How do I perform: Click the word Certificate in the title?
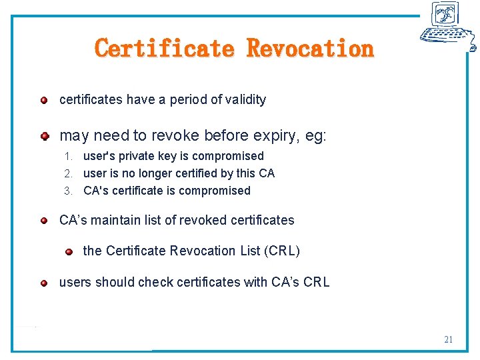click(165, 49)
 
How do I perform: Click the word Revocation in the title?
click(310, 49)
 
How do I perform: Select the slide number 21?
click(449, 339)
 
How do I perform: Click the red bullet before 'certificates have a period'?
click(43, 100)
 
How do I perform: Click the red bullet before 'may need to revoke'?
click(44, 136)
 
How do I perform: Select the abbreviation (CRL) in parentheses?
click(282, 251)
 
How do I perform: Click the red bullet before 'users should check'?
click(43, 283)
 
